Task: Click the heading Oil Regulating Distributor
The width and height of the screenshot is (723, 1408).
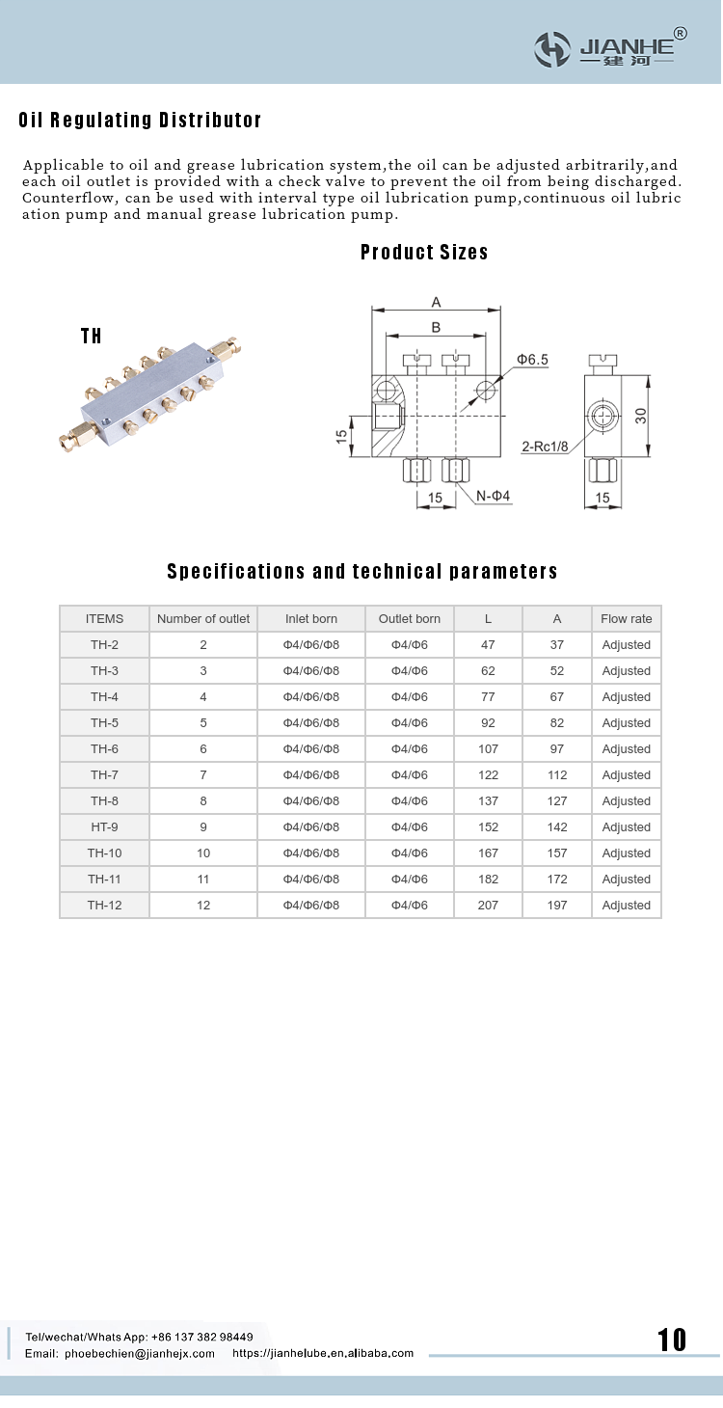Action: coord(141,121)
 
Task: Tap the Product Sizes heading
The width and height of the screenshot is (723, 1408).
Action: coord(424,253)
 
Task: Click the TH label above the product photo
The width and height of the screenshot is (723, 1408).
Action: coord(92,336)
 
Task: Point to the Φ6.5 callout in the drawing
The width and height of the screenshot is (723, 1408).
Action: coord(532,360)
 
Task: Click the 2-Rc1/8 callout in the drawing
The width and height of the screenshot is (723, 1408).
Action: coord(545,447)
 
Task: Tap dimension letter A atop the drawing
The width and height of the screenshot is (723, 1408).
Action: coord(436,302)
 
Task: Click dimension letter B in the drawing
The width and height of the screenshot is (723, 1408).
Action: coord(436,328)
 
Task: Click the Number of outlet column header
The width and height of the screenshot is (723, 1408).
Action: coord(203,619)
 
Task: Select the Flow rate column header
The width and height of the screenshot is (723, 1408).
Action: coord(627,619)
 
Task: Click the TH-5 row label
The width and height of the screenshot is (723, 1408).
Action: coord(104,723)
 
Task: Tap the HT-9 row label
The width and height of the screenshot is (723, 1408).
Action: coord(104,827)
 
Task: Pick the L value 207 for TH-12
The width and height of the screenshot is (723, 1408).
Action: coord(489,906)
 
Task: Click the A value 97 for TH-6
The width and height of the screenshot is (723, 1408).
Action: coord(557,749)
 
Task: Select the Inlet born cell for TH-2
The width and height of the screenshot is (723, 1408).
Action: coord(311,645)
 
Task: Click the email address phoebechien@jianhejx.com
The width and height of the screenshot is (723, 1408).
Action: coord(140,1354)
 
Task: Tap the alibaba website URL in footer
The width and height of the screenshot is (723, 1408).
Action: coord(323,1354)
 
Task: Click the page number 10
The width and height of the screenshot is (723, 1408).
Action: coord(672,1340)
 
